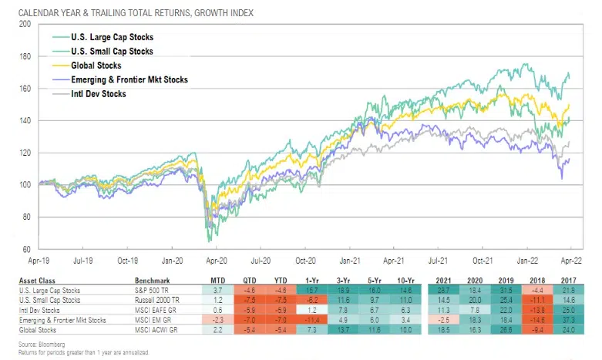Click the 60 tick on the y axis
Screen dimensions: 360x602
[x=26, y=249]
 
